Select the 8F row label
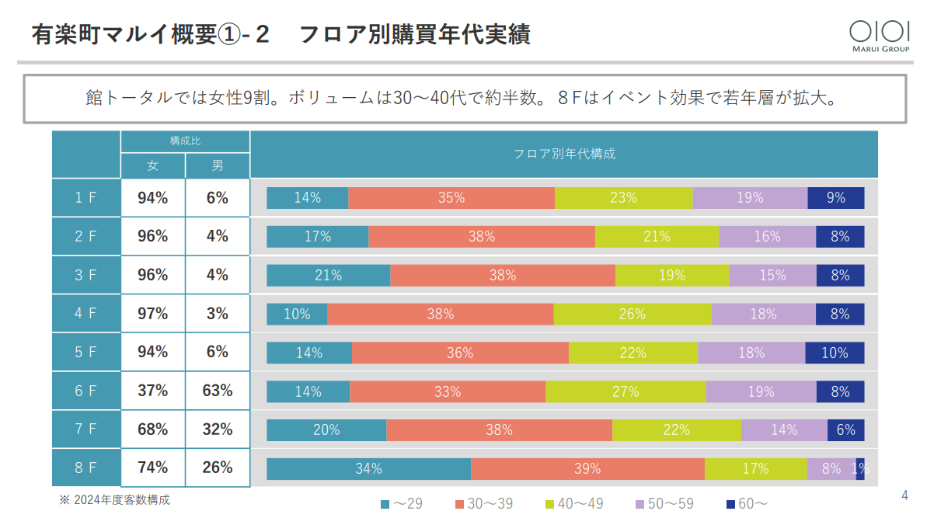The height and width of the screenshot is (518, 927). pyautogui.click(x=85, y=468)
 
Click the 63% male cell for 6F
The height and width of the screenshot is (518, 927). pyautogui.click(x=218, y=391)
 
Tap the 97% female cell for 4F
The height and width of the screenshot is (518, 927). pyautogui.click(x=152, y=314)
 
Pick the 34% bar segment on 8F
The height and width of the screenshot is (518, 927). pyautogui.click(x=368, y=468)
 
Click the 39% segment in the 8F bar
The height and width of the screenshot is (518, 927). pyautogui.click(x=587, y=468)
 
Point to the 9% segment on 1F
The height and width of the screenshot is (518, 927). pyautogui.click(x=836, y=198)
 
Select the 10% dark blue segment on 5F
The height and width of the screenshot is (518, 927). pyautogui.click(x=835, y=353)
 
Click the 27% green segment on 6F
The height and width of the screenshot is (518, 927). pyautogui.click(x=626, y=391)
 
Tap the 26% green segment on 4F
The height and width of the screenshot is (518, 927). pyautogui.click(x=633, y=314)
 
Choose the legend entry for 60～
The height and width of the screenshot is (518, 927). pyautogui.click(x=747, y=504)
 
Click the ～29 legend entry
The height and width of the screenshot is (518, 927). pyautogui.click(x=402, y=504)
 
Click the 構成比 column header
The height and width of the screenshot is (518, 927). pyautogui.click(x=185, y=141)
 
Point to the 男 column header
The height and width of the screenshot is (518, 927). pyautogui.click(x=218, y=165)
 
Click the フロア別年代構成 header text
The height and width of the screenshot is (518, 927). pyautogui.click(x=564, y=154)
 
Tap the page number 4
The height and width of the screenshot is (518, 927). pyautogui.click(x=904, y=495)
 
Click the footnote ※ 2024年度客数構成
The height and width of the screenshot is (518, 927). pyautogui.click(x=114, y=499)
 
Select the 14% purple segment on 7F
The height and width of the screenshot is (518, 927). pyautogui.click(x=783, y=429)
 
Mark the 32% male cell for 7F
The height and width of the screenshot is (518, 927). pyautogui.click(x=218, y=429)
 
